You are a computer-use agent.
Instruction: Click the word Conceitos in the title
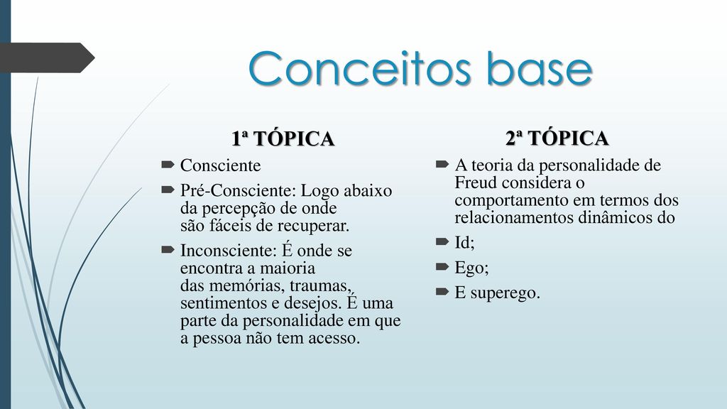[360, 69]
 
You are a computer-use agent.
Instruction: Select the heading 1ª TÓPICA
[283, 138]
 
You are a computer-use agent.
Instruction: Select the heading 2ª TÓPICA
[557, 138]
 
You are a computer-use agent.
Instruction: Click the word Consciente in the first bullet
[220, 165]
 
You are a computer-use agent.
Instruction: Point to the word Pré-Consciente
[238, 190]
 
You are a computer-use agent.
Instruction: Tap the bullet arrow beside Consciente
[168, 164]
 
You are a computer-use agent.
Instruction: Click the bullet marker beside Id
[442, 241]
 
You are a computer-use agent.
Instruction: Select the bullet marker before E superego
[442, 291]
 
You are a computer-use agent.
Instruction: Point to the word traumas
[320, 285]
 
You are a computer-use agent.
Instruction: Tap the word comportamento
[512, 201]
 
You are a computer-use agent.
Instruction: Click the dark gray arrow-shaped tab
[46, 58]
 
